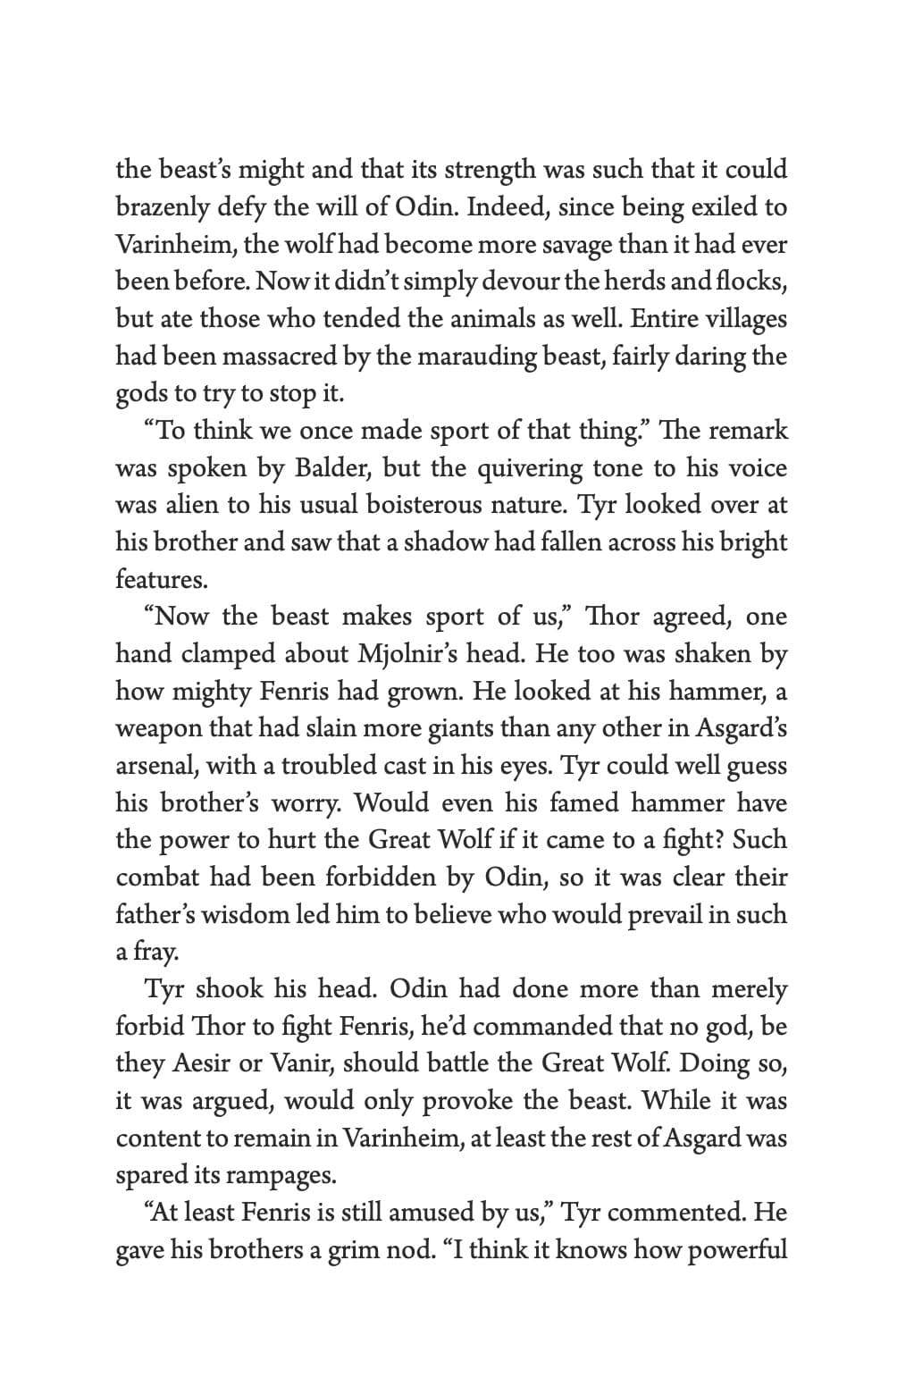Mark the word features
point(161,579)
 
